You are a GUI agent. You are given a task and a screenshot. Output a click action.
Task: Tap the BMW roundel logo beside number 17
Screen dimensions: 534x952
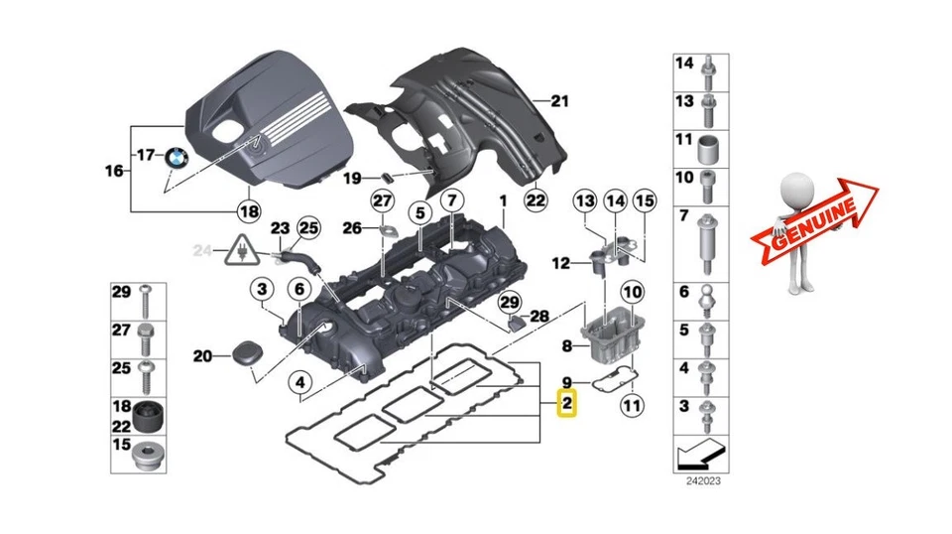pos(177,157)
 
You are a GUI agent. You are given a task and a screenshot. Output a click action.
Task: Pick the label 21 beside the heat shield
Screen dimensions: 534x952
pos(561,100)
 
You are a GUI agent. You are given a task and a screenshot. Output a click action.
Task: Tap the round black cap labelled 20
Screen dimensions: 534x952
pos(242,354)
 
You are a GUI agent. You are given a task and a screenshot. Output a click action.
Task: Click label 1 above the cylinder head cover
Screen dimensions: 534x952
pos(503,200)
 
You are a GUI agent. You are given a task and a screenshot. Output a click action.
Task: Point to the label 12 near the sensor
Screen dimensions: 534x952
pos(561,264)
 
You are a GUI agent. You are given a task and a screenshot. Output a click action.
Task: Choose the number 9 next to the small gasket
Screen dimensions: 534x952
pos(568,382)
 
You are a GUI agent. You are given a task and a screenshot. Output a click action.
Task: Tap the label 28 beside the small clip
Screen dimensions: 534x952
pos(538,317)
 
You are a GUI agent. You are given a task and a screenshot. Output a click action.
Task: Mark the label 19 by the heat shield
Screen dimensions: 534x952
pos(353,179)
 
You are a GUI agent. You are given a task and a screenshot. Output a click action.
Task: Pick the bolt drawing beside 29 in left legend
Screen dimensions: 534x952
pos(146,294)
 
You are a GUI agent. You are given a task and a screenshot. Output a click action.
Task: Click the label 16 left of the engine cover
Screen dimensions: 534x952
pos(114,171)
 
